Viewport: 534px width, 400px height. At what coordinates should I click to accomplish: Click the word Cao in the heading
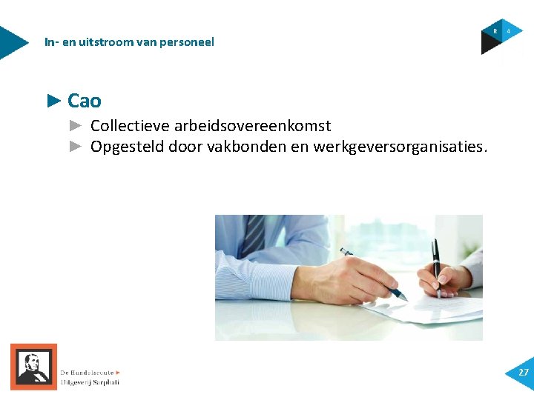[x=84, y=101]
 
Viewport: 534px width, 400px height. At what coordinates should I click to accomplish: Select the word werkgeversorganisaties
[x=400, y=147]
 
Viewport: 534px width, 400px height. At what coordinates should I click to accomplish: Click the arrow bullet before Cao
[x=54, y=100]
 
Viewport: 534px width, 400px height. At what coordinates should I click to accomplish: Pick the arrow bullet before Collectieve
[x=76, y=126]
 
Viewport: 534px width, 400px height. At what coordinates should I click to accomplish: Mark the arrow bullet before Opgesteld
[x=76, y=147]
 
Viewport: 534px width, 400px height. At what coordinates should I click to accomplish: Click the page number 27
[x=524, y=373]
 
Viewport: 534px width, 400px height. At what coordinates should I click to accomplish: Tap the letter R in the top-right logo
[x=495, y=31]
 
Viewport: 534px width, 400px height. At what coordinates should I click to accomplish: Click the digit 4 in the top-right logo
[x=509, y=31]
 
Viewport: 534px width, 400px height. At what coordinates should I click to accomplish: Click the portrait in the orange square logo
[x=33, y=367]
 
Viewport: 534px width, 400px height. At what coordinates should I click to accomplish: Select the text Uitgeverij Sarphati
[x=90, y=382]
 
